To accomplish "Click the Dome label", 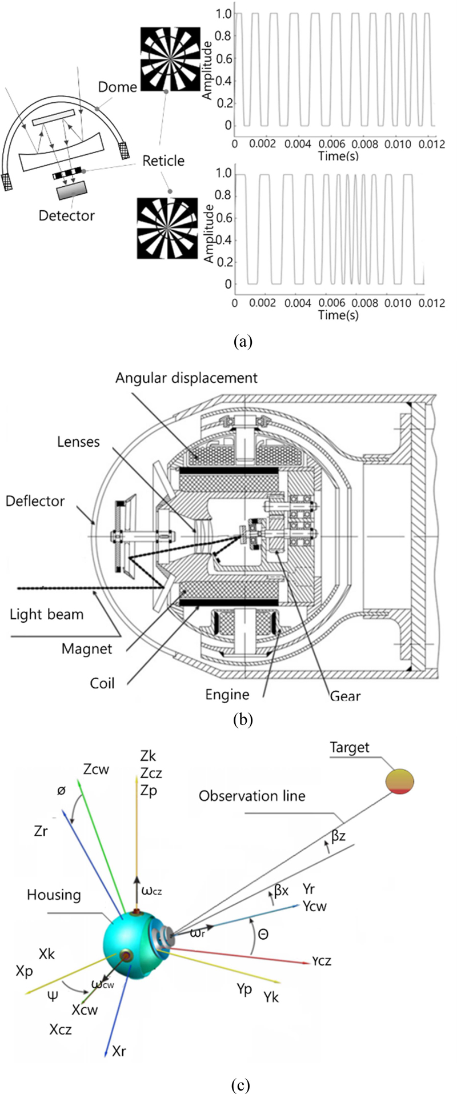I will point(118,87).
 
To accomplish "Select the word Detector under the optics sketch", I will point(66,215).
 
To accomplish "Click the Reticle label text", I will point(163,161).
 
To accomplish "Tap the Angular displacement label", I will point(186,378).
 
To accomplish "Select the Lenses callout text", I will point(78,442).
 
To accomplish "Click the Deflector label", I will point(35,501).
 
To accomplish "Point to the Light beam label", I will point(46,615).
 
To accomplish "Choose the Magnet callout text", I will point(87,649).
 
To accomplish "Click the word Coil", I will point(102,683).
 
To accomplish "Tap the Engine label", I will point(227,695).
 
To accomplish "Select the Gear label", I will point(345,696).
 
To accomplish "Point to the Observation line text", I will point(252,796).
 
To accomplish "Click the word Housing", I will point(54,895).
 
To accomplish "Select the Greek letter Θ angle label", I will point(263,935).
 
